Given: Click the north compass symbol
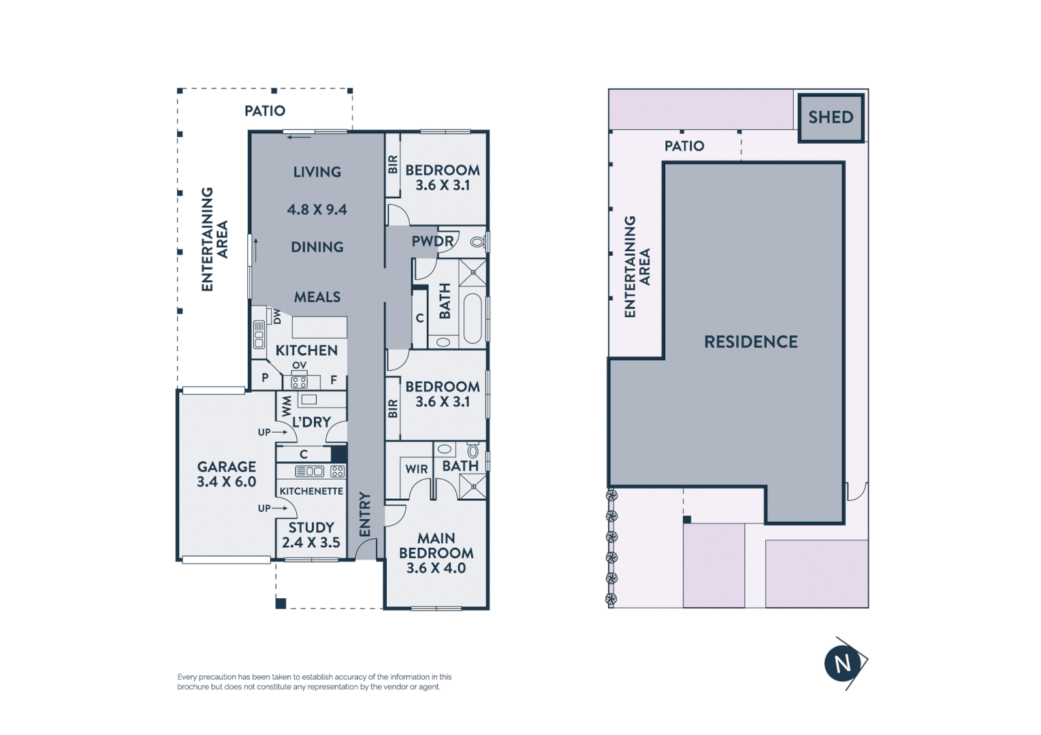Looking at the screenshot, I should [843, 664].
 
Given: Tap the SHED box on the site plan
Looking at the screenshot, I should [831, 118].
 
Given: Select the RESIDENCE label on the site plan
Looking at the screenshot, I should [750, 342].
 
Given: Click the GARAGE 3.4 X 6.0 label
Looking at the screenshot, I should [226, 474].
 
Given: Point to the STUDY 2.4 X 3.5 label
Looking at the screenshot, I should [311, 535].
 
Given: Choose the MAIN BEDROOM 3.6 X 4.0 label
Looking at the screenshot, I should [436, 553].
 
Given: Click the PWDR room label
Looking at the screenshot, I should [432, 242].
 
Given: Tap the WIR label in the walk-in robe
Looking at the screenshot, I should [416, 470].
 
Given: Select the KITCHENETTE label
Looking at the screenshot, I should [311, 491].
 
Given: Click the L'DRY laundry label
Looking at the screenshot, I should [311, 423].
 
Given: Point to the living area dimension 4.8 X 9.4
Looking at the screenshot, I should [317, 210].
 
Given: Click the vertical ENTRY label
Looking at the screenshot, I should [365, 514].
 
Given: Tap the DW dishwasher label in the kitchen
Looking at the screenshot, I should [276, 316].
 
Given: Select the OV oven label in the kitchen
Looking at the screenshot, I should [299, 366].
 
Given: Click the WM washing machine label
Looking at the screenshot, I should [286, 406].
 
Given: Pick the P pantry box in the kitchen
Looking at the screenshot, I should [265, 378].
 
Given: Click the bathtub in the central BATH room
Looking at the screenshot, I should [473, 318].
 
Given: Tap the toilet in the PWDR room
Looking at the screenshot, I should [477, 242].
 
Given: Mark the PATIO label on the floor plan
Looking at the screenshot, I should [265, 111].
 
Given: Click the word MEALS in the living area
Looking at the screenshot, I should [317, 297].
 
